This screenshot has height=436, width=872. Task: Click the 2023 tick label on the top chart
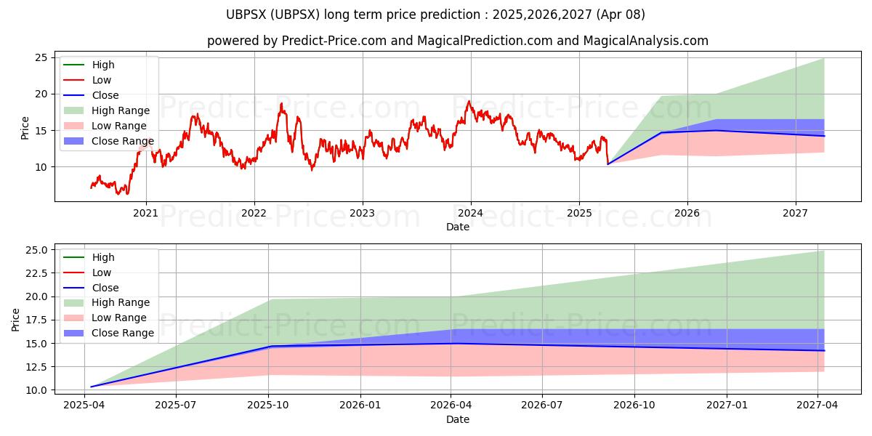tap(362, 213)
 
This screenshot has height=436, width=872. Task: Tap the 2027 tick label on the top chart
tap(796, 213)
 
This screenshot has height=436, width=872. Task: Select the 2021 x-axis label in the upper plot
tap(146, 213)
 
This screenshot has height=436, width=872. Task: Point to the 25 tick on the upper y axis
tap(41, 57)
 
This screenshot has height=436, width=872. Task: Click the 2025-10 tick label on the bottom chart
tap(269, 405)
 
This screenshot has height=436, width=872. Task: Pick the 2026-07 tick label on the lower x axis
tap(543, 405)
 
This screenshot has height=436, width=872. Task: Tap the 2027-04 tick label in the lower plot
tap(817, 405)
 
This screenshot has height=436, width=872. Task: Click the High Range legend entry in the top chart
tap(120, 110)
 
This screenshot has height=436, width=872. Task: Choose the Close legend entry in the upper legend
tap(105, 95)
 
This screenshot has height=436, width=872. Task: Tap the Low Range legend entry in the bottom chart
tap(118, 318)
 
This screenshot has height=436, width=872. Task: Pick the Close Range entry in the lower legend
tap(123, 333)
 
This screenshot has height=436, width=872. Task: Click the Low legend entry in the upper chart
tap(101, 80)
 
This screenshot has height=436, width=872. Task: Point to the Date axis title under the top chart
tap(458, 227)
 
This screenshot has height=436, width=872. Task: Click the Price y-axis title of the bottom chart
tap(16, 319)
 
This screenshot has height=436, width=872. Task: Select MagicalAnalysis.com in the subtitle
tap(647, 41)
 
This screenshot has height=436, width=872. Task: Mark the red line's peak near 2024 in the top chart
tap(469, 101)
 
